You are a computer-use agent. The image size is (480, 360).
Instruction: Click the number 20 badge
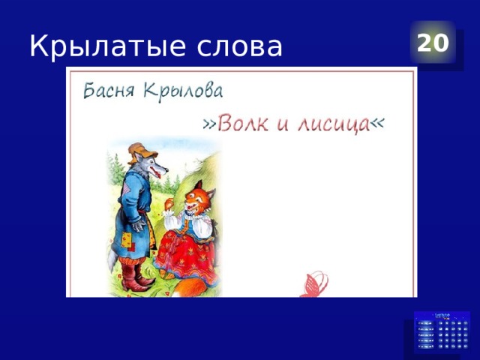click(433, 43)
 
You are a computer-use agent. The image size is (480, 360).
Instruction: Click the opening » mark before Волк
click(209, 126)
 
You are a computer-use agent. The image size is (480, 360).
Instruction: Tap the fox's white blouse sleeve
click(173, 222)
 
